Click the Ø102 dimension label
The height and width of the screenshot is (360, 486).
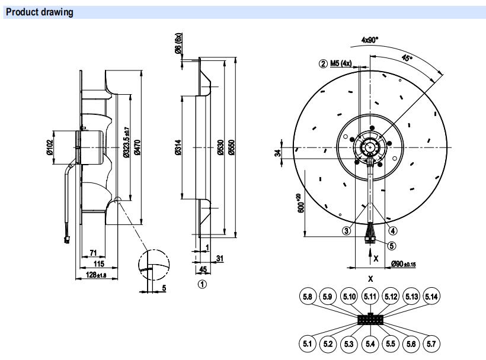(x=51, y=146)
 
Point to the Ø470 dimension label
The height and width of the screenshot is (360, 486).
(x=137, y=147)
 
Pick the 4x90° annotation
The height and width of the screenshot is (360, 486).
(x=370, y=40)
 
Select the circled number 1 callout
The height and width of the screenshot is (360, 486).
(x=202, y=284)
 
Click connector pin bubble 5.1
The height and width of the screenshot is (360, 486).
(x=307, y=343)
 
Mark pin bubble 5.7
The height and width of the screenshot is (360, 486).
(x=432, y=343)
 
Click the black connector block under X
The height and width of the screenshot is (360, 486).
(x=370, y=319)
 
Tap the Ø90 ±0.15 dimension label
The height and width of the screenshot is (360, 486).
(x=403, y=264)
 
